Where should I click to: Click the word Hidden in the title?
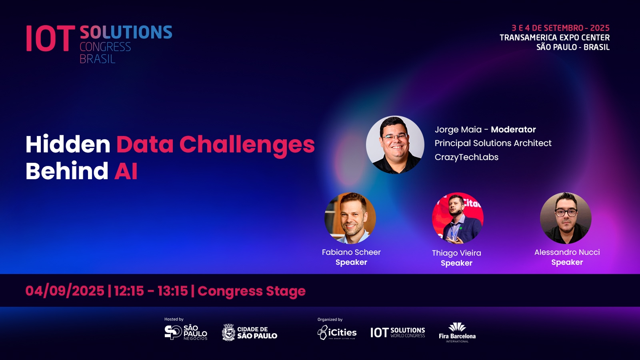coord(68,144)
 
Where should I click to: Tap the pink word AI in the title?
coord(126,171)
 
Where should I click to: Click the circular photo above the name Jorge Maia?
coord(395,144)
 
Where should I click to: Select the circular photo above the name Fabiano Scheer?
coord(350,218)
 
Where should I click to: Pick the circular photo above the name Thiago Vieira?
coord(458,218)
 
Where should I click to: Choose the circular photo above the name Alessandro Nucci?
coord(566,218)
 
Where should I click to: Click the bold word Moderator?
coord(514,130)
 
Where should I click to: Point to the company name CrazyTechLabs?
coord(466,157)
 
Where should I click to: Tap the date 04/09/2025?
coord(65,291)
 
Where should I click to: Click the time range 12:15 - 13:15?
coord(151,291)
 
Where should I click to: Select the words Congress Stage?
coord(252,291)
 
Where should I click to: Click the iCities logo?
coord(337,332)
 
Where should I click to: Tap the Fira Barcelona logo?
coord(457,332)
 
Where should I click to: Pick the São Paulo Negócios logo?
coord(186,332)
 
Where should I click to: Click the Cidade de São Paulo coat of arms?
coord(228,332)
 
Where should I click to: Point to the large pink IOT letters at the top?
coord(50,38)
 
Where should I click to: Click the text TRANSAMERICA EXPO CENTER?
coord(554,38)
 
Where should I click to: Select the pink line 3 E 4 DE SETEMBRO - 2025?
coord(560,28)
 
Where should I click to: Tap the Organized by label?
coord(330,320)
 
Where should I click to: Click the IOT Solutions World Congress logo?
coord(398,332)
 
